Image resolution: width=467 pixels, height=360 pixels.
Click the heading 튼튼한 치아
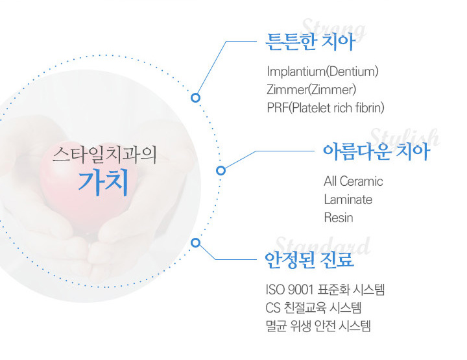tap(310, 42)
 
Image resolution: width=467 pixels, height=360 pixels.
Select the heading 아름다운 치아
tap(376, 151)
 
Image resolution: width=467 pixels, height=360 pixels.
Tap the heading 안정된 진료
tap(309, 259)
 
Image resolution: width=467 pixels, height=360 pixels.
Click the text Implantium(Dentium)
tap(322, 71)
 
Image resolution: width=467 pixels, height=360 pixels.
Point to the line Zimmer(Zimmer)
tap(311, 90)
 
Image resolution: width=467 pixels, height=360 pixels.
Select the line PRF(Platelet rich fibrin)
tap(326, 108)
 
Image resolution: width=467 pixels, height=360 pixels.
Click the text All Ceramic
tap(353, 181)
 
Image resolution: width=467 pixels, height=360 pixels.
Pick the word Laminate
tap(348, 199)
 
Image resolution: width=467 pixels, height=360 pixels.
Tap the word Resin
tap(339, 218)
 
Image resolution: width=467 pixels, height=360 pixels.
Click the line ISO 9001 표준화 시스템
tap(325, 290)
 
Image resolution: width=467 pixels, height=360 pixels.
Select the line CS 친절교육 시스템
tap(313, 308)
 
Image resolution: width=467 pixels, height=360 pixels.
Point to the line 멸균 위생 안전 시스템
tap(318, 326)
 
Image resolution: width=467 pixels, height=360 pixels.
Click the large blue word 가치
tap(103, 183)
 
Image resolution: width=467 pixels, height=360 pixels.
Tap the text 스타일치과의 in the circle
tap(104, 155)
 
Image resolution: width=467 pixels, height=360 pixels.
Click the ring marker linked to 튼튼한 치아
tap(195, 97)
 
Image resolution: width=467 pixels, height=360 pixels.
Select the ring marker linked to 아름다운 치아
tap(221, 170)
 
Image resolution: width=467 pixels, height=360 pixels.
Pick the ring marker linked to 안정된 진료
tap(195, 242)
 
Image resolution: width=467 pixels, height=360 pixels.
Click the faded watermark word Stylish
tap(405, 138)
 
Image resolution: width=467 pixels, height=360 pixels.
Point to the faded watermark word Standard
tap(323, 246)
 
